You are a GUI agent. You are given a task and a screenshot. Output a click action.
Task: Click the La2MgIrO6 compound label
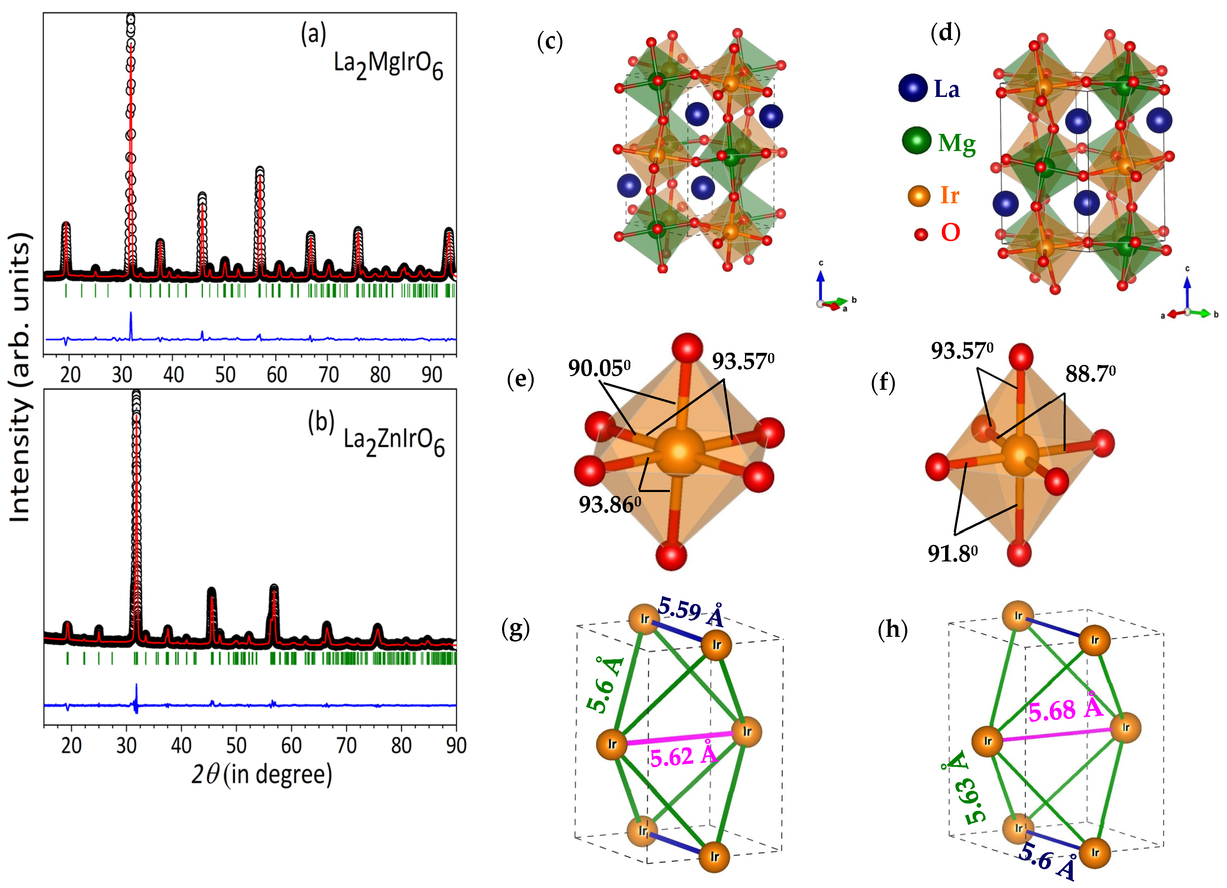point(388,65)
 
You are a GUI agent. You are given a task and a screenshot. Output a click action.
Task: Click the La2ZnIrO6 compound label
point(394,441)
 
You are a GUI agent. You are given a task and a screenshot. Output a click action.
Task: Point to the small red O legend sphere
point(921,234)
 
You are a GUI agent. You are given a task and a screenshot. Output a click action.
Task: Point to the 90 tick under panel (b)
point(455,746)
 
